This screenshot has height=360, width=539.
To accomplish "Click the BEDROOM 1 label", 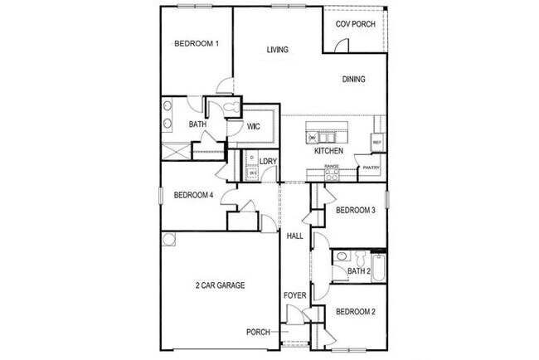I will click(196, 44).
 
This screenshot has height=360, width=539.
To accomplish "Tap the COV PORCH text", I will click(355, 24).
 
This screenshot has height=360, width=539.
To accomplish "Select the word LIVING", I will click(277, 50).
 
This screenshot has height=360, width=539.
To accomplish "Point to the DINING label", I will click(353, 80).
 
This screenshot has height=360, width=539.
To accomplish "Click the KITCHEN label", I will click(328, 152).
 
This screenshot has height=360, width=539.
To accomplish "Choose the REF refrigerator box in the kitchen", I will click(376, 143).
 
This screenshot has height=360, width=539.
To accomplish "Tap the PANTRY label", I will click(369, 168).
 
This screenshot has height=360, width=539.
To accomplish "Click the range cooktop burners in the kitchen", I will click(332, 172).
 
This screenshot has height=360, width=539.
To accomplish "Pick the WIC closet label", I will click(255, 126).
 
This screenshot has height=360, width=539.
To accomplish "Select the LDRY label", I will click(268, 162).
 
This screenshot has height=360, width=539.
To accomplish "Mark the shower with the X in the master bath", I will click(176, 151).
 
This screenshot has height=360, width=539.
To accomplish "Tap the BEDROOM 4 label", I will click(194, 196).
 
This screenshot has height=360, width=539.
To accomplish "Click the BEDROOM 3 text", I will click(356, 211).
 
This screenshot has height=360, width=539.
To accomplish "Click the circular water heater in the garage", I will click(169, 239).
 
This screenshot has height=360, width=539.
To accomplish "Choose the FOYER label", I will click(294, 294).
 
